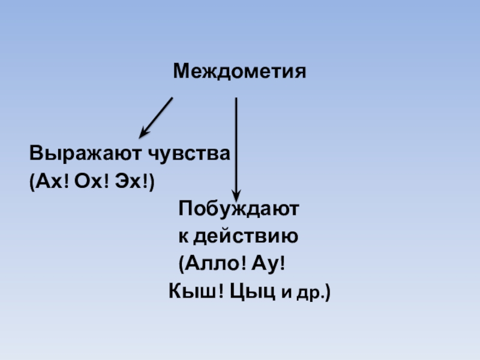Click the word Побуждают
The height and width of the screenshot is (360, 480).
point(238,210)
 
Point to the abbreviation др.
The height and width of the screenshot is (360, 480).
point(310,294)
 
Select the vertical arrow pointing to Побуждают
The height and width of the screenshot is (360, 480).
point(236,144)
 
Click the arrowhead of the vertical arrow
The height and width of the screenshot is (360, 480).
point(236,196)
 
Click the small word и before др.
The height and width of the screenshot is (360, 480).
point(287,294)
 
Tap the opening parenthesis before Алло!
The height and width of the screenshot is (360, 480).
point(182,265)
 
